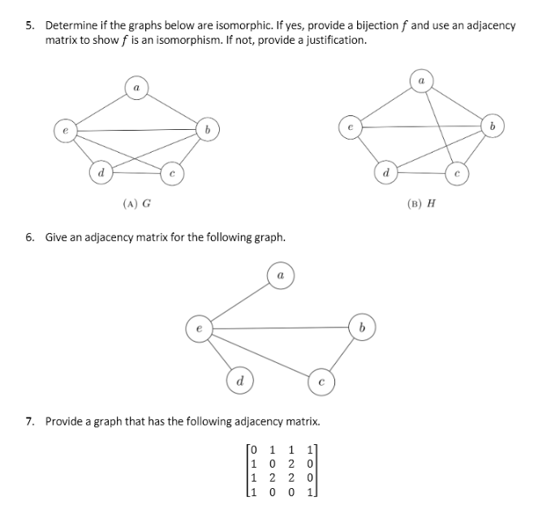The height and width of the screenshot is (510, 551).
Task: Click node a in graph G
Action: click(x=137, y=86)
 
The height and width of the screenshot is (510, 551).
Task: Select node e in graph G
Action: click(x=63, y=129)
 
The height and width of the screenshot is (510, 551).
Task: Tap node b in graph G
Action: click(x=209, y=129)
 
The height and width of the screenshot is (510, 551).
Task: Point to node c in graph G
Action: click(x=172, y=172)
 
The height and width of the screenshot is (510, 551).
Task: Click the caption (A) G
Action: click(x=136, y=203)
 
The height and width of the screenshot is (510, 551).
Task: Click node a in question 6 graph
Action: click(x=279, y=276)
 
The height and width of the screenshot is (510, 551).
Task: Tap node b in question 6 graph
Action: click(x=361, y=328)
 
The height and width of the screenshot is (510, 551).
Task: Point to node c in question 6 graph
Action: click(x=321, y=380)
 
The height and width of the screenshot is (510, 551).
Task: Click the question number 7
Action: click(x=29, y=421)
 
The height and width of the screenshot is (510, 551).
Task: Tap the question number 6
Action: click(x=29, y=237)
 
